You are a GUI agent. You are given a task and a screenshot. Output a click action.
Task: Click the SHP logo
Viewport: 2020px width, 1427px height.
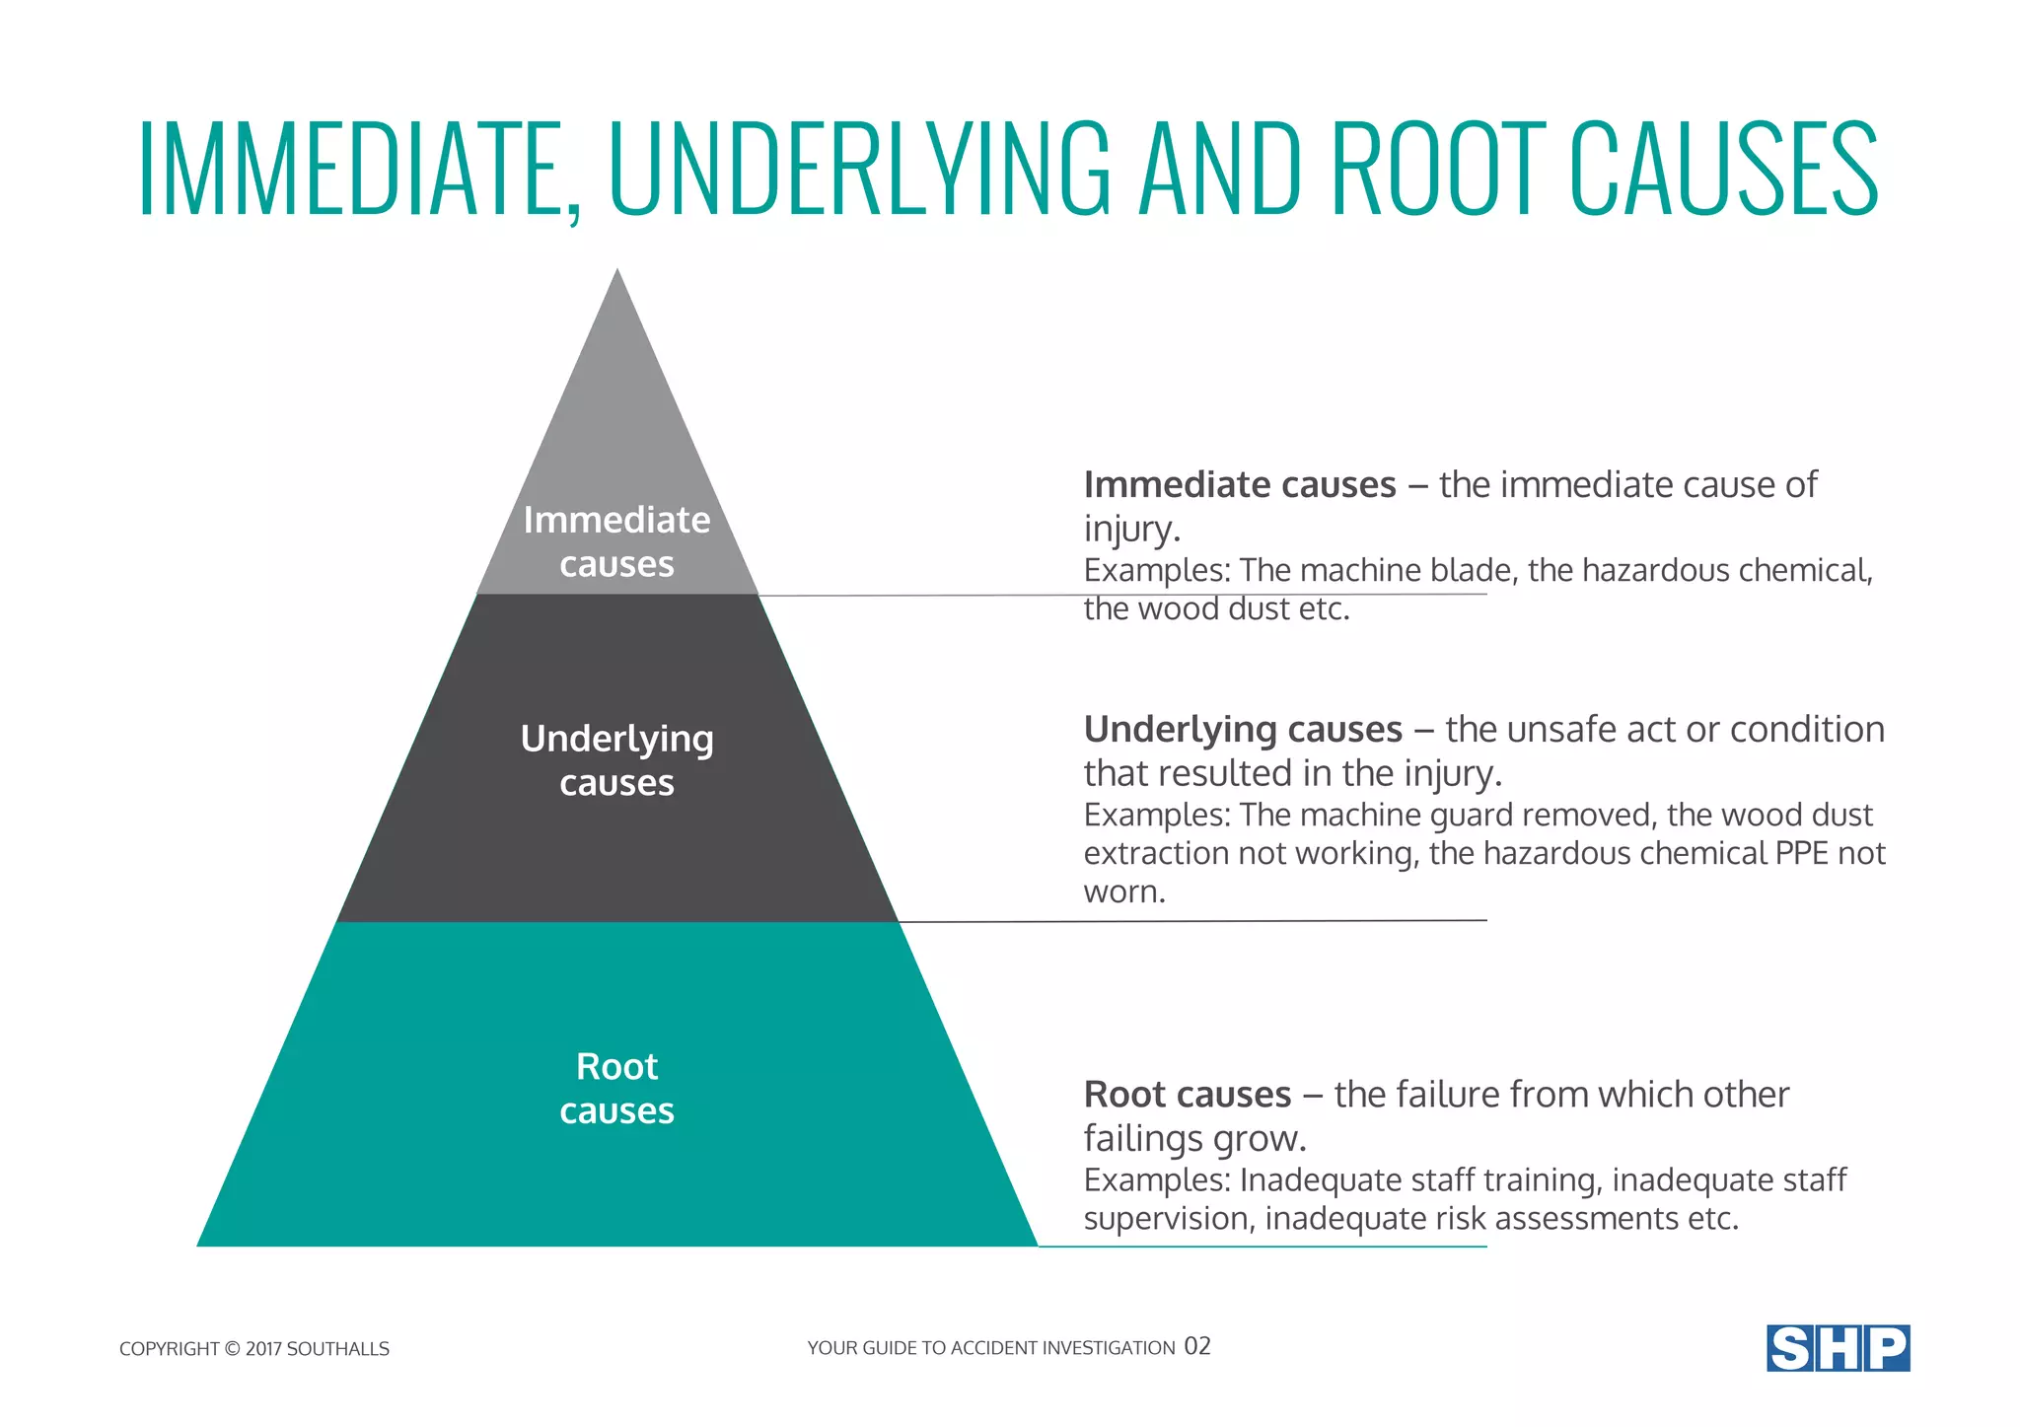tap(1838, 1348)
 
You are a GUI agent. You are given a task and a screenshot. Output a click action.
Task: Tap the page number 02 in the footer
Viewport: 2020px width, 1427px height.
tap(1197, 1346)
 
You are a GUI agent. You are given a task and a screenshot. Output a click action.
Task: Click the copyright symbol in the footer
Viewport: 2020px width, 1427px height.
tap(232, 1349)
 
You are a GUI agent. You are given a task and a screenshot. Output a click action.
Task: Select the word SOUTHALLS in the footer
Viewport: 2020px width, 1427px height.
tap(337, 1349)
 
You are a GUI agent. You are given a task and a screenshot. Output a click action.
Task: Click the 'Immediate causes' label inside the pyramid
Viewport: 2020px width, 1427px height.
tap(616, 541)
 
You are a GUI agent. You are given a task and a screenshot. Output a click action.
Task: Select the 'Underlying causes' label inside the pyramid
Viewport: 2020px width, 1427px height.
tap(616, 760)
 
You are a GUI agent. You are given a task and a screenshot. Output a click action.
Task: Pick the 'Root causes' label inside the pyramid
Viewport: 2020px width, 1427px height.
tap(616, 1088)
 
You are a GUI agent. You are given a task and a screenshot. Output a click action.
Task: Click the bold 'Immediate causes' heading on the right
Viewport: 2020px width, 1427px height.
tap(1240, 485)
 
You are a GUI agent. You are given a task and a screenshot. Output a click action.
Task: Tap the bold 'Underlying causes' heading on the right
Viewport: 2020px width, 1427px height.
tap(1243, 730)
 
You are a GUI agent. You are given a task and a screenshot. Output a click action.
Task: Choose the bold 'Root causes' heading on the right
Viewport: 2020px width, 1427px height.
tap(1188, 1095)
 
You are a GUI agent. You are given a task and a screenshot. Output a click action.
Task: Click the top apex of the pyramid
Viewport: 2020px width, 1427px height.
tap(617, 272)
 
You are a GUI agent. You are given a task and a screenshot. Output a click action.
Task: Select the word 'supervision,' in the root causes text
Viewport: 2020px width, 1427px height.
tap(1170, 1220)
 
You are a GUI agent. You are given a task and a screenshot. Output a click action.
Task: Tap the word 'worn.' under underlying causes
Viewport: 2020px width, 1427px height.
tap(1124, 892)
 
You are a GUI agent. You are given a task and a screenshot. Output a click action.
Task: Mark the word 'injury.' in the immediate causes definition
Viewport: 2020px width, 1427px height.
tap(1131, 530)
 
